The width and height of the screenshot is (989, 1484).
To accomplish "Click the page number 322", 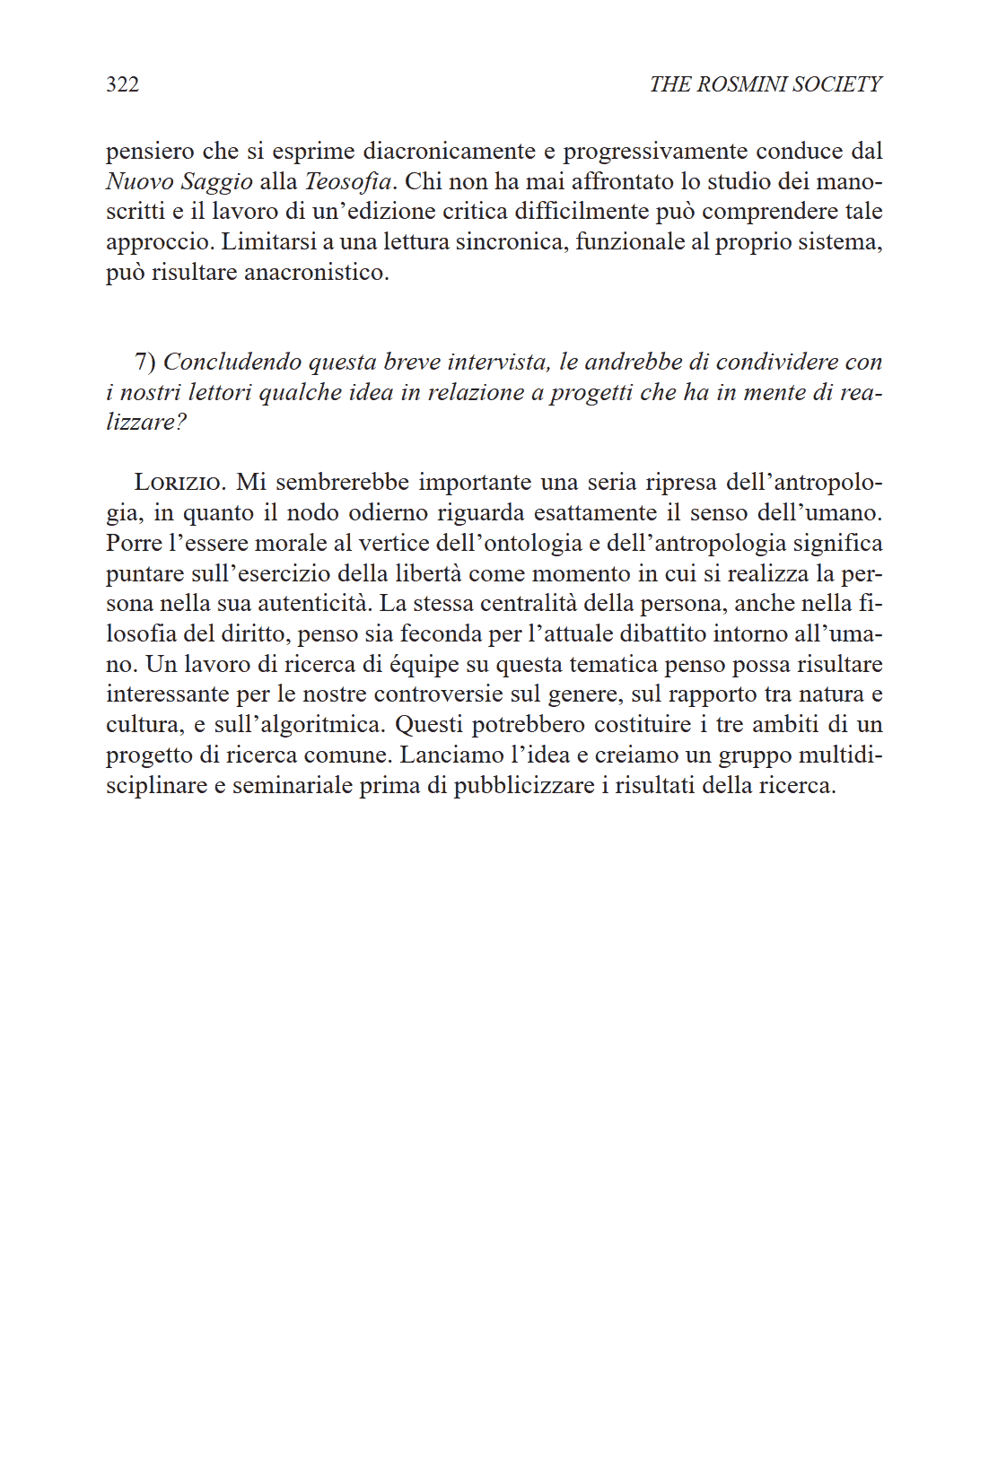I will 122,84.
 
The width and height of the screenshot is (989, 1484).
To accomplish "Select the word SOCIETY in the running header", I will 837,84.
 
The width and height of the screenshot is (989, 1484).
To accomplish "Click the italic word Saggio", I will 216,182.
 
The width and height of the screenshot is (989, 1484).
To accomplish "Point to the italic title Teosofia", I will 348,182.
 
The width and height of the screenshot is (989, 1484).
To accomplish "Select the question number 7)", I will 145,362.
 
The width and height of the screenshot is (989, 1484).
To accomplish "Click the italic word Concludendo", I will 232,362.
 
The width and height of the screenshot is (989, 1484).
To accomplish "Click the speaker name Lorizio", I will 179,483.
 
